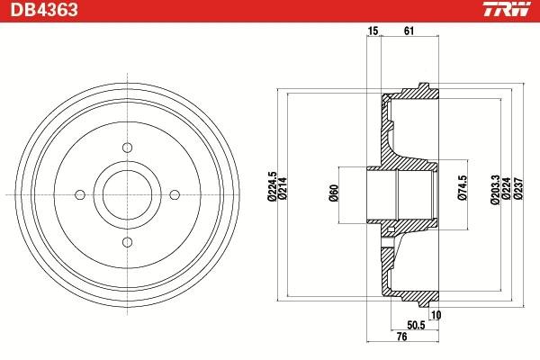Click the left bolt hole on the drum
80,193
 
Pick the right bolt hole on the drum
174,193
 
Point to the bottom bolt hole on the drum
127,240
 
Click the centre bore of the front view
127,193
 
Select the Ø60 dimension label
333,193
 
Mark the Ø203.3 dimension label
495,191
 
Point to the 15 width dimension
373,31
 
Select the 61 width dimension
409,31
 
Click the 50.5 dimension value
415,324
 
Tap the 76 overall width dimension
401,337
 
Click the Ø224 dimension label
506,191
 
